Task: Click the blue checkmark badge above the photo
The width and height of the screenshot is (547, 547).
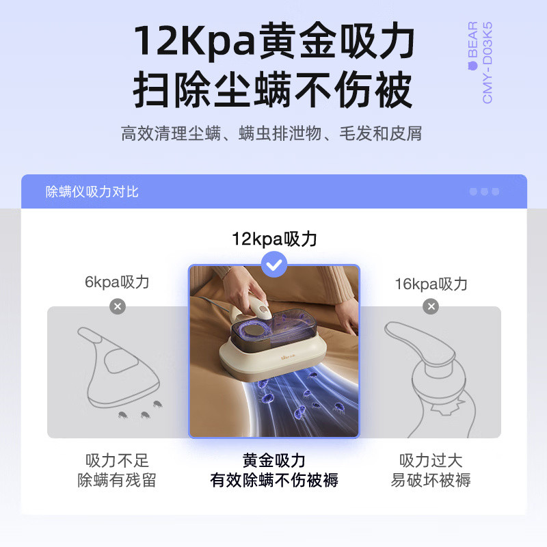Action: click(274, 265)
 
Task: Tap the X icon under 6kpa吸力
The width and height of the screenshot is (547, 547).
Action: click(118, 306)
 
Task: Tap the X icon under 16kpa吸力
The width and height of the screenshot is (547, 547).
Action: click(431, 306)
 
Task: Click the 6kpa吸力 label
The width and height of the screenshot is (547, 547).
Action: click(117, 282)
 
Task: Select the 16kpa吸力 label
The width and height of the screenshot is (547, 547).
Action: click(431, 284)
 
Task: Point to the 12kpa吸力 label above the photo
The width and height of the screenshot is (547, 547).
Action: click(274, 239)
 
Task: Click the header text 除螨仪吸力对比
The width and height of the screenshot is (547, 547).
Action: click(92, 191)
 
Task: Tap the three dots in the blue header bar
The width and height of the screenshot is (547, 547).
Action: click(484, 191)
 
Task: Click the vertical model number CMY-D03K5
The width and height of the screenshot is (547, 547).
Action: click(488, 63)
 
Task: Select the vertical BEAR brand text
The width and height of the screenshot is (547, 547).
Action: click(472, 45)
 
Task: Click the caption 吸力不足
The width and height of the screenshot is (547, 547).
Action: click(117, 460)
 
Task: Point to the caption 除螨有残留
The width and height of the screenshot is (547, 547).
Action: click(117, 480)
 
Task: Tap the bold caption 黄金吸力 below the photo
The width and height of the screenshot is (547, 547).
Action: click(274, 460)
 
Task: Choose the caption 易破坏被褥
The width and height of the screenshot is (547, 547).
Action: click(431, 480)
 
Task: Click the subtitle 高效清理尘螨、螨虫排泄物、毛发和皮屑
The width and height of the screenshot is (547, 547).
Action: click(271, 133)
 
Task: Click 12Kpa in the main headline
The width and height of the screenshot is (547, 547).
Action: click(195, 41)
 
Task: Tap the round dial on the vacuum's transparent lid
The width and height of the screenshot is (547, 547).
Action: click(253, 330)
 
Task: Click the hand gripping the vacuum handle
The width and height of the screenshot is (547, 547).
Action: click(244, 289)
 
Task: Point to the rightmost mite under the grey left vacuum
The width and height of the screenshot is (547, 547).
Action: click(158, 404)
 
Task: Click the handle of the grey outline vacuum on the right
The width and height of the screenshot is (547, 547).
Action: click(418, 340)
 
